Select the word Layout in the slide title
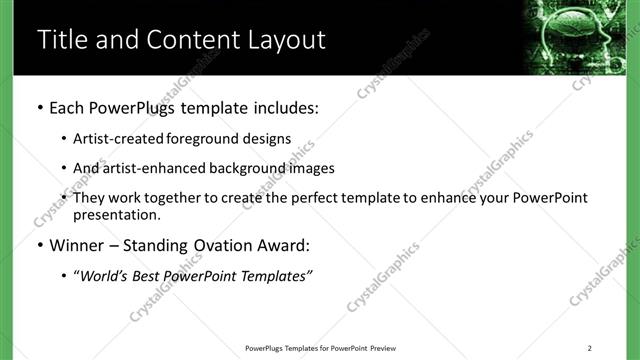[x=279, y=40]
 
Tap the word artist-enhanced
[x=150, y=168]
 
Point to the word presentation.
[x=115, y=214]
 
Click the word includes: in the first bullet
[x=281, y=106]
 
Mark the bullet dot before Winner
[x=39, y=243]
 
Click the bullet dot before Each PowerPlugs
[x=39, y=106]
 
